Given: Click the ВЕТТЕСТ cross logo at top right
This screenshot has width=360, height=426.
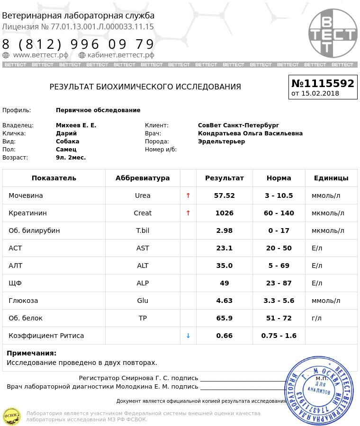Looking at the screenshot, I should click(x=333, y=33).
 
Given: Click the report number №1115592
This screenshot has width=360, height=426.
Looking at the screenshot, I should click(x=323, y=83).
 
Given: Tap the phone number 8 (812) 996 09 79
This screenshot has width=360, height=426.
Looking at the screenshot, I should click(x=78, y=44).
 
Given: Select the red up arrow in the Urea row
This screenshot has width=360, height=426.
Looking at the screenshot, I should click(x=188, y=195).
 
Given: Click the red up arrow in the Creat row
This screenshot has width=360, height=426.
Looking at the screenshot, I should click(x=188, y=213).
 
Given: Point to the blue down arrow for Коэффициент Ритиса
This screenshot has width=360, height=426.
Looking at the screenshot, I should click(x=188, y=336).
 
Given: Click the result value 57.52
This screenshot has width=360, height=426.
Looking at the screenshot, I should click(x=224, y=195).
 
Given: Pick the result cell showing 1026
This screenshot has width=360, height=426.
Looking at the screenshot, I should click(x=224, y=213).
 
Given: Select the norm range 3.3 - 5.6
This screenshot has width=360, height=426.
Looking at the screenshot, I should click(x=279, y=301).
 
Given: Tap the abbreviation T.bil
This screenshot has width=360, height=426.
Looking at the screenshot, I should click(x=143, y=231).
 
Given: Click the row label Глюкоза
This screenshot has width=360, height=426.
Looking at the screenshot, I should click(x=23, y=301).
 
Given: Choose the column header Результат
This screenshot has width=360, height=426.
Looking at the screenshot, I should click(x=224, y=178).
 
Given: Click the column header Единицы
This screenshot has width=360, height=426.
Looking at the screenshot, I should click(x=331, y=178).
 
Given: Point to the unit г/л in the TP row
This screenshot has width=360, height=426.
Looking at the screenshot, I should click(x=316, y=318).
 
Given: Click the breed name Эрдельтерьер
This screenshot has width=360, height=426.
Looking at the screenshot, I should click(x=221, y=142).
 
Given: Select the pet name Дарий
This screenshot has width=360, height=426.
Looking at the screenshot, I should click(x=66, y=133).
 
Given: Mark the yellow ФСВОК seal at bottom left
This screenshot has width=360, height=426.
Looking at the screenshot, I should click(x=12, y=416).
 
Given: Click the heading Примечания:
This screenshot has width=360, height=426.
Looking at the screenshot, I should click(x=31, y=353).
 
